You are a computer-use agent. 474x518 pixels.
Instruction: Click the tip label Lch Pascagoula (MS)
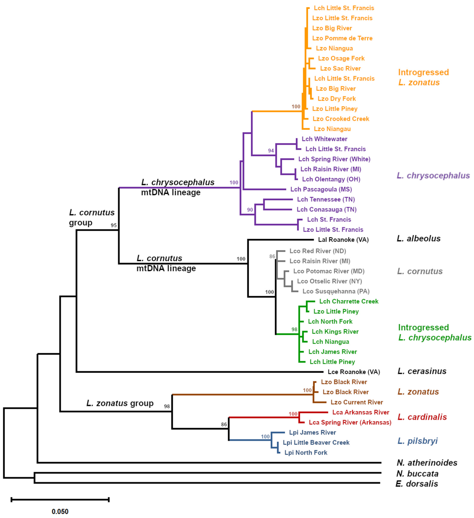pos(321,189)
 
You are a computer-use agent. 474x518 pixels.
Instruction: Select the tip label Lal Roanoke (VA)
pos(343,240)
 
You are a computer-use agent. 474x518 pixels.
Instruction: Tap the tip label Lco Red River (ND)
pos(318,251)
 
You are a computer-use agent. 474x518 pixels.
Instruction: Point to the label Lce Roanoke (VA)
pos(354,372)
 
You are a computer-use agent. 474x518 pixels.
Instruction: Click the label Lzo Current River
pos(357,402)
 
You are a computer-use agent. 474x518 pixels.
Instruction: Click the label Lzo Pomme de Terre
pos(342,38)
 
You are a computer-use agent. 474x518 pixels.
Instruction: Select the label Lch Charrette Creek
pos(349,301)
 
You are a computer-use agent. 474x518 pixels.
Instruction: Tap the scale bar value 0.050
pos(60,512)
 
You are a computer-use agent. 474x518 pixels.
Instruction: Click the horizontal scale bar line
pos(60,500)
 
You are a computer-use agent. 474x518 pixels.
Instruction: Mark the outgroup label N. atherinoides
pos(427,463)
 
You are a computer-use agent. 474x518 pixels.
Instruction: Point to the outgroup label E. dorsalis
pos(417,484)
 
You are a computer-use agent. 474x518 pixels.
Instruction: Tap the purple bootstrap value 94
pos(271,151)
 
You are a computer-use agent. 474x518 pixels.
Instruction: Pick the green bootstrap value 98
pos(294,329)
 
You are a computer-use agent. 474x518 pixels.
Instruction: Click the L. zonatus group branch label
pos(120,403)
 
